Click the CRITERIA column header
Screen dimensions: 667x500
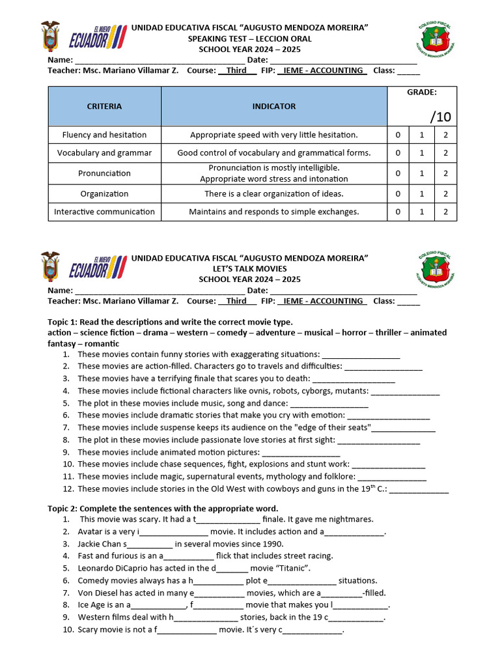pos(104,106)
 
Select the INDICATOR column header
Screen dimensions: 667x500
pos(273,106)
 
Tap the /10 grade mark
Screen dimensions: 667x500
pos(440,117)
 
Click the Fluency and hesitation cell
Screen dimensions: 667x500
pos(104,135)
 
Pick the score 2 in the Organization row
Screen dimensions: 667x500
pos(445,193)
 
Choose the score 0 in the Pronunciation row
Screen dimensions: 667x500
pos(398,173)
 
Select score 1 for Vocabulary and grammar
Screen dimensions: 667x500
pos(421,153)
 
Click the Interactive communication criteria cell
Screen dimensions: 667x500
pos(104,212)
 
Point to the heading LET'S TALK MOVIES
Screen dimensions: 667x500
pos(249,268)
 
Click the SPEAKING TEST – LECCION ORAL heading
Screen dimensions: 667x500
pos(249,38)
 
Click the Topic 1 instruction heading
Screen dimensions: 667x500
pos(170,322)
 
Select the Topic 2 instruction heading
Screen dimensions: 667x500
pos(163,508)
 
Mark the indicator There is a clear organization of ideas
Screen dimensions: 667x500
pos(273,193)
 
